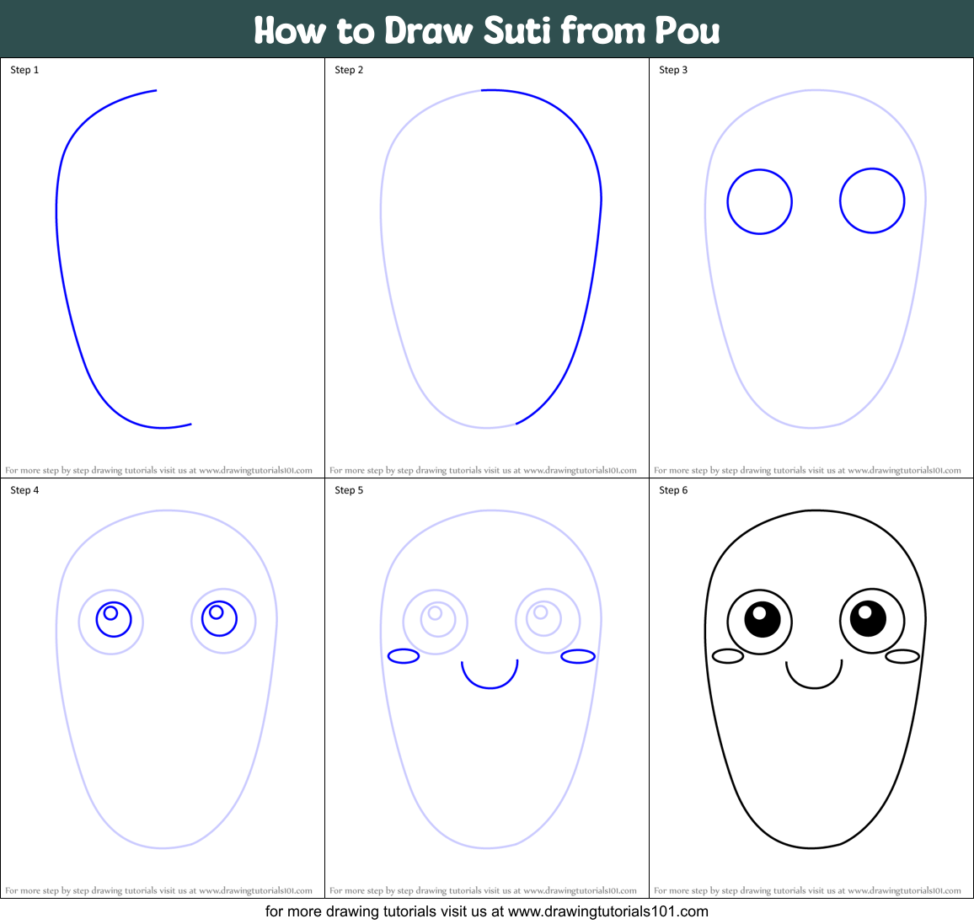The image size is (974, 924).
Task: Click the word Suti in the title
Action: coord(516,31)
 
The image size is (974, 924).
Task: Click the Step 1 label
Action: coord(24,70)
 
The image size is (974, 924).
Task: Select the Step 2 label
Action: coord(349,70)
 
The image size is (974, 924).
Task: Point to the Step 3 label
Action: coord(673,70)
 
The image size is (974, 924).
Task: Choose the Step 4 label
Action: coord(24,490)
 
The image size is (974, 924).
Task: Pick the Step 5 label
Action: coord(349,490)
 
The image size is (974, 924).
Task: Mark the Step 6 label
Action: coord(673,490)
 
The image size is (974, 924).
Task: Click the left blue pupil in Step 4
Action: coord(114,620)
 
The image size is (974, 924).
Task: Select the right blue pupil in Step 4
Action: coord(219,619)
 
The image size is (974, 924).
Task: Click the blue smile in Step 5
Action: coord(490,686)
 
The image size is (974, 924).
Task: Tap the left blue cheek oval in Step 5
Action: coord(404,656)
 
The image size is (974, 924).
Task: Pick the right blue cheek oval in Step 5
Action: coord(578,656)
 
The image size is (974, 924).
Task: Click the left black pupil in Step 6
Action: coord(763,620)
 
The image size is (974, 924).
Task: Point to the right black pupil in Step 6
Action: coord(868,619)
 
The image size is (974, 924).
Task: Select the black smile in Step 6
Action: coord(814,686)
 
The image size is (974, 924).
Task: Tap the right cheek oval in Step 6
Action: coord(902,656)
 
